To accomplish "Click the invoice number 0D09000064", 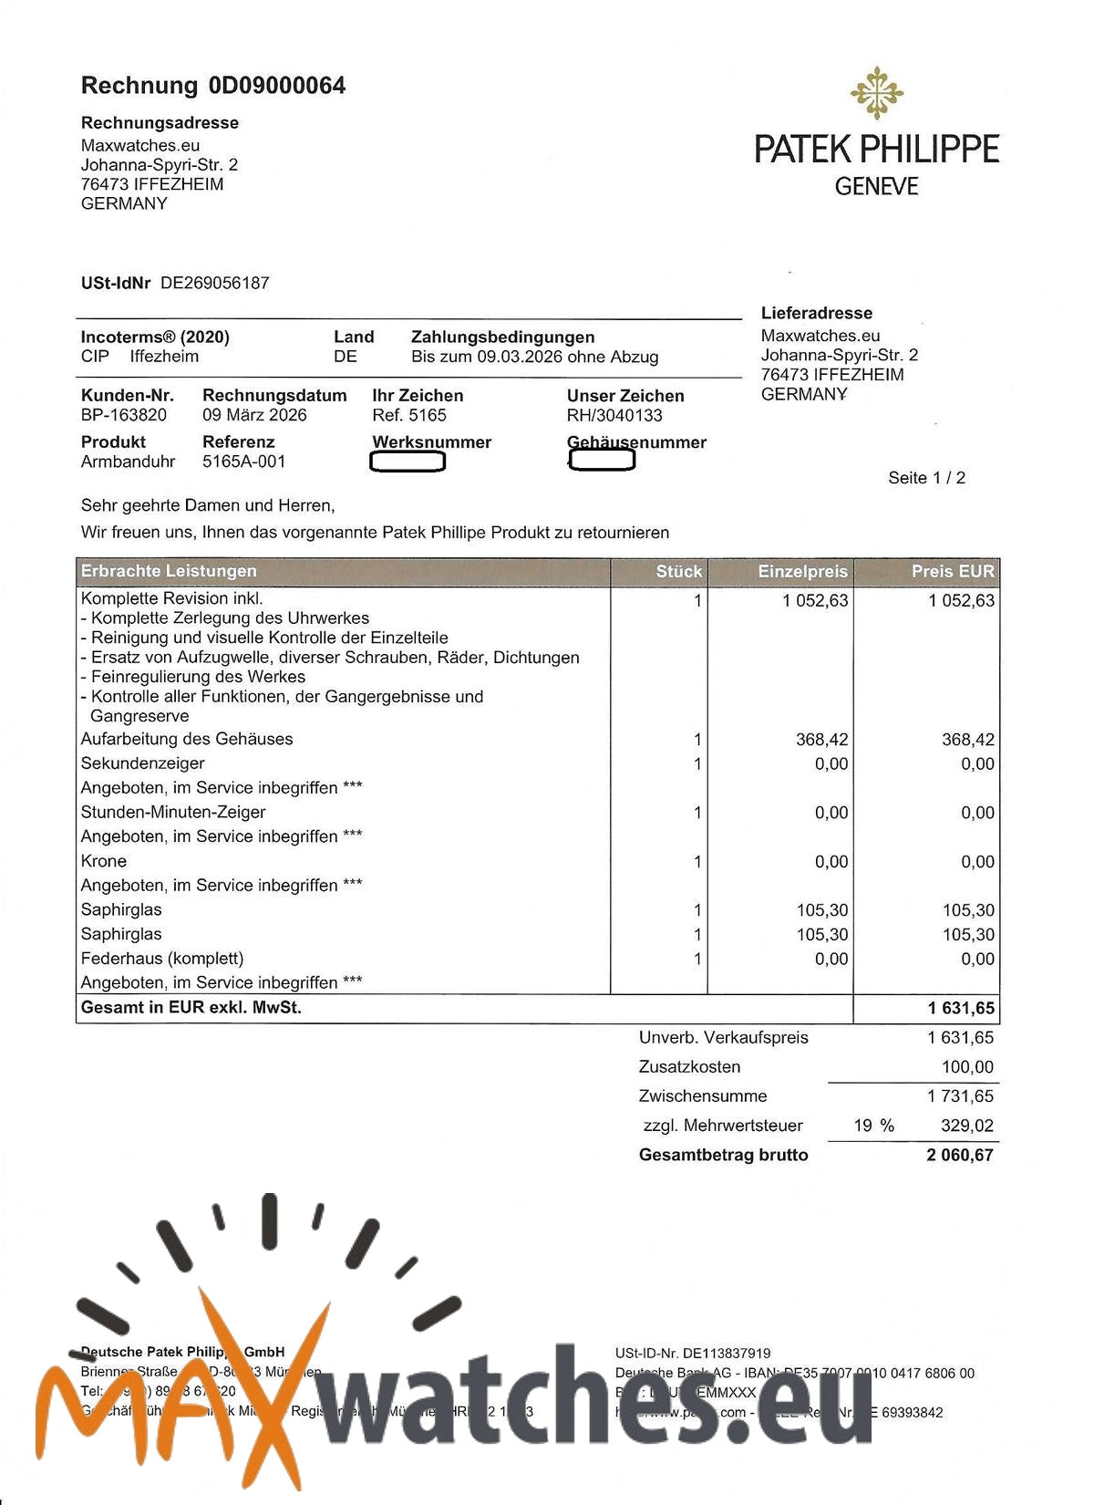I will (277, 86).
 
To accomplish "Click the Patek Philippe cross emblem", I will (876, 93).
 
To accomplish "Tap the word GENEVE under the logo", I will (876, 186).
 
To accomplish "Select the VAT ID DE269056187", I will (215, 283).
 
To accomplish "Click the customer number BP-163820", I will (124, 415).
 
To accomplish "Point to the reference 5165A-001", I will (244, 462).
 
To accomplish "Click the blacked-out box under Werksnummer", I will (408, 462).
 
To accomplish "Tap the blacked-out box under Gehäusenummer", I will (602, 461).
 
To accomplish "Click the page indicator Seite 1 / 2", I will (926, 478).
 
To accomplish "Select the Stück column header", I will (678, 572).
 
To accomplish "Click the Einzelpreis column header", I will (802, 572).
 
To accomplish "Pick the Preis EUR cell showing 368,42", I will (967, 740).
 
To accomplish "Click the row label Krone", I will (104, 861).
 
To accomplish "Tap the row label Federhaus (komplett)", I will (162, 959).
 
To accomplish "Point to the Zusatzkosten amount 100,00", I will (967, 1067).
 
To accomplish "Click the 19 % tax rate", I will (873, 1126).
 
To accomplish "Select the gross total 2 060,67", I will (960, 1155).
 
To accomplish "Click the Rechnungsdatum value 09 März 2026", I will (254, 415).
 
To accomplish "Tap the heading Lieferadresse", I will (816, 313).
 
